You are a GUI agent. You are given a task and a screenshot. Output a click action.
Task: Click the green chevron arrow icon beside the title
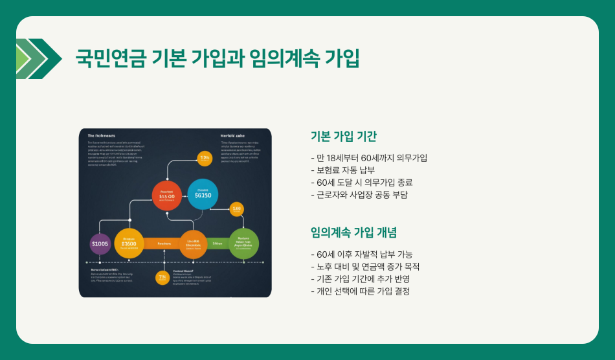(x=39, y=59)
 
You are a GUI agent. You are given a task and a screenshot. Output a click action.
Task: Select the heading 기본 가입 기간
(x=343, y=136)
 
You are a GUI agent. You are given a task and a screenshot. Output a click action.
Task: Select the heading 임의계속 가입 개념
(x=353, y=232)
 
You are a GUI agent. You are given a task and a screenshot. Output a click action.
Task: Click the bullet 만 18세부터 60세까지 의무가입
(x=369, y=158)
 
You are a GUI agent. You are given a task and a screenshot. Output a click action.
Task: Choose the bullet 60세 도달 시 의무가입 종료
(x=361, y=183)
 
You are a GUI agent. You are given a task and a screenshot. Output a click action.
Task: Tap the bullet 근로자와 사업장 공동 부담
(x=359, y=195)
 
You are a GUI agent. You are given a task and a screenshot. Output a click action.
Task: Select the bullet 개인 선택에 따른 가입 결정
(x=360, y=291)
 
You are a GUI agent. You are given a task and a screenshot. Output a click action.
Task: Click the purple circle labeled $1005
(x=100, y=244)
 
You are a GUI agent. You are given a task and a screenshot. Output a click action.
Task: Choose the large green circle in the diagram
(x=244, y=243)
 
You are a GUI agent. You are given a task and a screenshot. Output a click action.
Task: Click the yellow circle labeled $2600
(x=129, y=243)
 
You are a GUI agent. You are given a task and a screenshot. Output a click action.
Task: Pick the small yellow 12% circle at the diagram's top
(x=205, y=158)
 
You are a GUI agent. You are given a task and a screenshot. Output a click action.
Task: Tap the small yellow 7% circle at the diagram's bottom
(x=163, y=277)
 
